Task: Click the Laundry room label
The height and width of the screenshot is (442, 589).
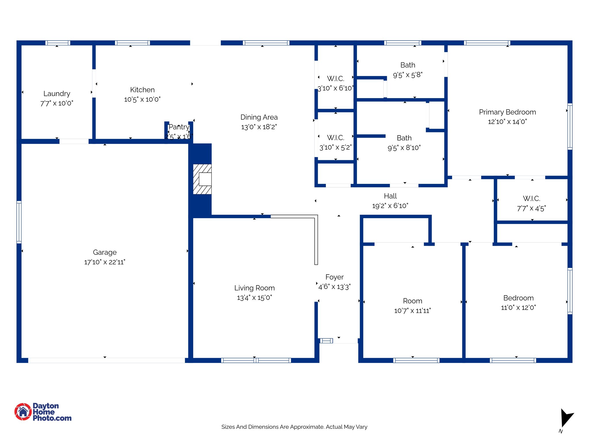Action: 57,94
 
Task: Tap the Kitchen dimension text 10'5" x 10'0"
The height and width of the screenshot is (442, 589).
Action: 142,100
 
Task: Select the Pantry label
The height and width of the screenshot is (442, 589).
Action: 179,127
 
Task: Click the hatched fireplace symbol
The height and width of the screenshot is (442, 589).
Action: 202,179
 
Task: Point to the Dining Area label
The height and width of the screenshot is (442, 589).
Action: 259,117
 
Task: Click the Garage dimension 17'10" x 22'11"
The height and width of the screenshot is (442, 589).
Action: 104,262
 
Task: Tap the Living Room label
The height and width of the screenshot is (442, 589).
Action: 254,288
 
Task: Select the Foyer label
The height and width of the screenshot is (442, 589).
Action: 334,277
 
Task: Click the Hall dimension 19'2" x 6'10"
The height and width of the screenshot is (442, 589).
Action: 390,206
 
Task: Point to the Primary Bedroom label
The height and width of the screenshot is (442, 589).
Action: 507,112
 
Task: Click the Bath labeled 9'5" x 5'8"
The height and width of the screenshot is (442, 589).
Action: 408,65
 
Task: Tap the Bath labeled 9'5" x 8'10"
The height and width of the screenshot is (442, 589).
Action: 404,138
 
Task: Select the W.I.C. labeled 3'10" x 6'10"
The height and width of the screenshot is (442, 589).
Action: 335,79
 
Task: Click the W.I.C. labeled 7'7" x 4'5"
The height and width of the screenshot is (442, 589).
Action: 531,199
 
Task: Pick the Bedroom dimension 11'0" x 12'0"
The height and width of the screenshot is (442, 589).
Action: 518,308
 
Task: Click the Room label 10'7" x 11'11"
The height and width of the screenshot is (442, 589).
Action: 412,301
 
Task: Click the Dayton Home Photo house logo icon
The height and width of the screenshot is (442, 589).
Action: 23,412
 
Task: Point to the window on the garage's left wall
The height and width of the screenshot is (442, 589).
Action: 19,222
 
